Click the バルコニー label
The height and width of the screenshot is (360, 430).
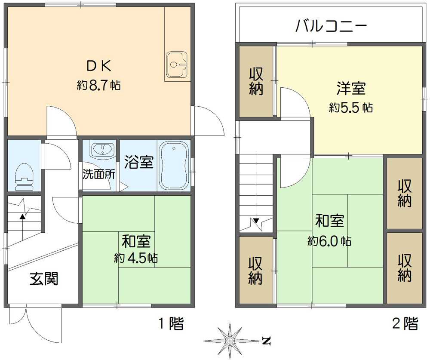coord(331,27)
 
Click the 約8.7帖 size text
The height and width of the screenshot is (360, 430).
coord(98,85)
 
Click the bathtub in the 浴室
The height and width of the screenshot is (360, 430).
coord(174,166)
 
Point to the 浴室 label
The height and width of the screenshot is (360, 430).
coord(138,162)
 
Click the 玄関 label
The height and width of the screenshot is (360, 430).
coord(43,279)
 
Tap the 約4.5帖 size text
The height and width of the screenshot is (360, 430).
coord(135,258)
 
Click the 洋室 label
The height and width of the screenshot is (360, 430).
coord(351,88)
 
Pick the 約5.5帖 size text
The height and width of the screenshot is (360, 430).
coord(351,107)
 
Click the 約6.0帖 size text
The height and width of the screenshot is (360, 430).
coord(329,241)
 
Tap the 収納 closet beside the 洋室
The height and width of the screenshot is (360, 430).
coord(257,81)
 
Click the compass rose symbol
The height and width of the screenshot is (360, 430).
coord(231,341)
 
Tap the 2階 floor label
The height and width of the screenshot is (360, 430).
coord(405,323)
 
